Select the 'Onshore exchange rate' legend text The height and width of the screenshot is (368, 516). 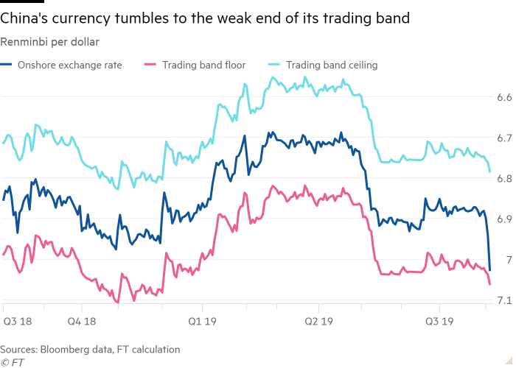72,65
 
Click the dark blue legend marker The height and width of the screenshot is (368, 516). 6,65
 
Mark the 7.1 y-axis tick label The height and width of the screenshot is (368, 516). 504,300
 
